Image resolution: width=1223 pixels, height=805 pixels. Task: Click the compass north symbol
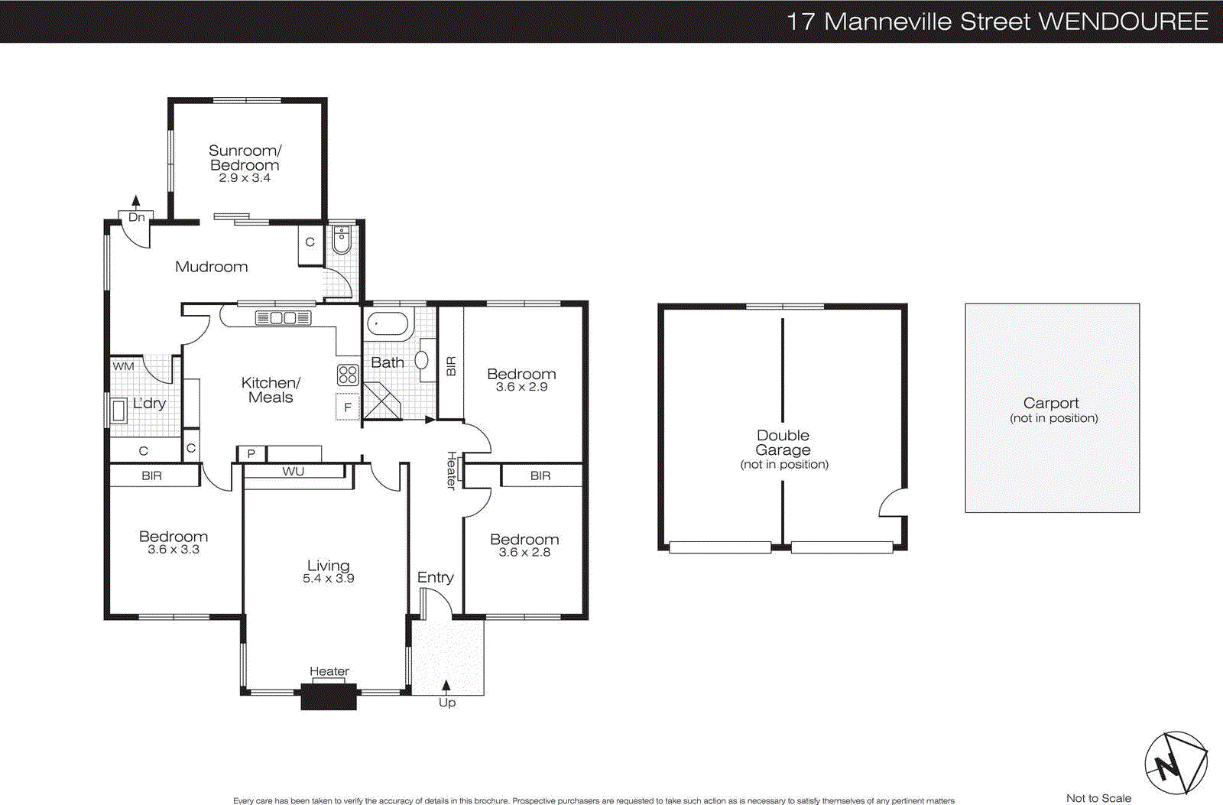pyautogui.click(x=1175, y=764)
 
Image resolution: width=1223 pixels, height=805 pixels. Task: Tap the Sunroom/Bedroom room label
pyautogui.click(x=245, y=157)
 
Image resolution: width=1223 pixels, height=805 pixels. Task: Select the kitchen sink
pyautogui.click(x=283, y=317)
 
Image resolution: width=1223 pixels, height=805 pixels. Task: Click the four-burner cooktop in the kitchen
pyautogui.click(x=348, y=375)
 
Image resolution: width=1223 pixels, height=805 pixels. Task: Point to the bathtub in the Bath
pyautogui.click(x=388, y=324)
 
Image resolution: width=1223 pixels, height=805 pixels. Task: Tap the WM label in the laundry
pyautogui.click(x=123, y=366)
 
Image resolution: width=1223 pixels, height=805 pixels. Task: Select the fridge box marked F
pyautogui.click(x=347, y=407)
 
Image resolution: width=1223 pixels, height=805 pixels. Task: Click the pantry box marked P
pyautogui.click(x=251, y=453)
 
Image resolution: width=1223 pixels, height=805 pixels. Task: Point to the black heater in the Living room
pyautogui.click(x=329, y=697)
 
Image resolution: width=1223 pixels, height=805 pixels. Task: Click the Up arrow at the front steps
pyautogui.click(x=446, y=686)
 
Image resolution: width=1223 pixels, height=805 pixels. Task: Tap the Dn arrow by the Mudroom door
pyautogui.click(x=136, y=202)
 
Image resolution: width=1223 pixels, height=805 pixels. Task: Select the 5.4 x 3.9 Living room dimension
pyautogui.click(x=328, y=579)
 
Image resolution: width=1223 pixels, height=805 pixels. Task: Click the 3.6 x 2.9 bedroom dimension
pyautogui.click(x=521, y=387)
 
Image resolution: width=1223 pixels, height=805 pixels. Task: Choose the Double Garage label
pyautogui.click(x=783, y=443)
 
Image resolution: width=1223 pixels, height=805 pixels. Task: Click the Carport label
pyautogui.click(x=1051, y=403)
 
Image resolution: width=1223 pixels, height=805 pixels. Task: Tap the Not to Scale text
pyautogui.click(x=1098, y=798)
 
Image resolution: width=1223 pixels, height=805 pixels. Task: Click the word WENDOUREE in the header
pyautogui.click(x=1124, y=21)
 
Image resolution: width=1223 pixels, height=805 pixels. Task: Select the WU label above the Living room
pyautogui.click(x=293, y=472)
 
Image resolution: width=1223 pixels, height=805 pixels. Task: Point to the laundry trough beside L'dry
pyautogui.click(x=119, y=411)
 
